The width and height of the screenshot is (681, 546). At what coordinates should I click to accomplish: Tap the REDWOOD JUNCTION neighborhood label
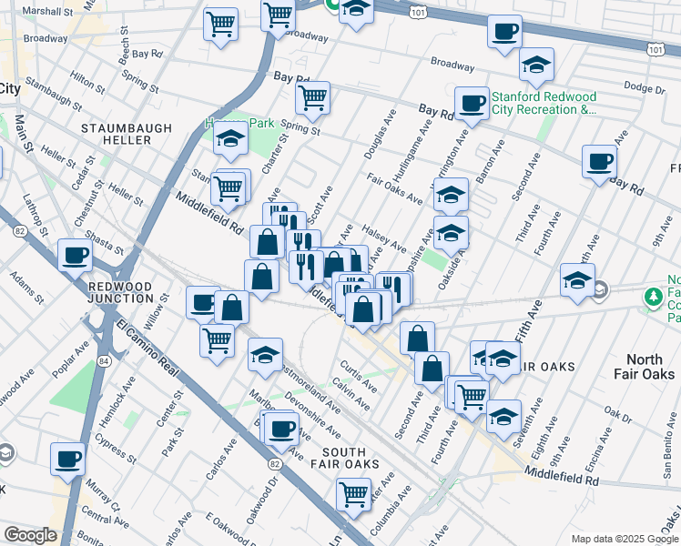coord(121,292)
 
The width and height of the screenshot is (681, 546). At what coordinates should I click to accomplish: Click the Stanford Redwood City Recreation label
coord(544,103)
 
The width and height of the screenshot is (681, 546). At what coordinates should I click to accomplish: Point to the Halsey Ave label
coord(383,238)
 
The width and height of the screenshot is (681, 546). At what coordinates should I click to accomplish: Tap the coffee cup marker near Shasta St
coord(75,255)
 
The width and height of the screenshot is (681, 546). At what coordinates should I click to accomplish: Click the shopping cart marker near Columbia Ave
coord(353,494)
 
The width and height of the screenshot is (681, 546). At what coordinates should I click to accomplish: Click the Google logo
coord(30,536)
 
